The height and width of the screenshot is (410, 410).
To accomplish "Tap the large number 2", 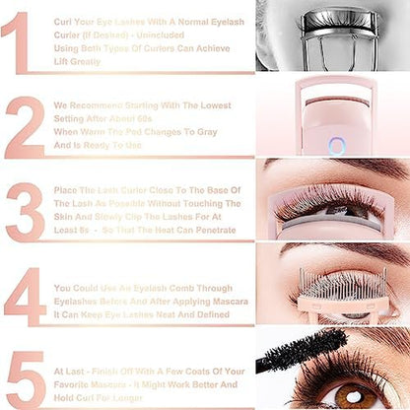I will click(x=24, y=125).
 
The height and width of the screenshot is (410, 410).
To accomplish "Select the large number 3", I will click(x=24, y=211).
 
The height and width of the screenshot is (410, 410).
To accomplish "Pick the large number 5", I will click(x=25, y=376).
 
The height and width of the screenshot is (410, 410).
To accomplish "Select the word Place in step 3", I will click(x=67, y=189).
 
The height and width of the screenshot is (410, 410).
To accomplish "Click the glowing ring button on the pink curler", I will click(x=336, y=145).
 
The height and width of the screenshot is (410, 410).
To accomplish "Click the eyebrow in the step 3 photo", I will click(x=335, y=166).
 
